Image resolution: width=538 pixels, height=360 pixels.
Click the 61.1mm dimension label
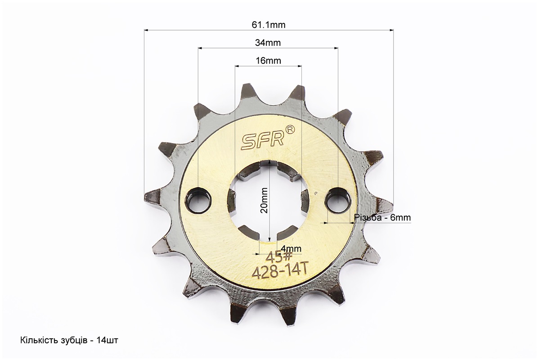pyautogui.click(x=268, y=25)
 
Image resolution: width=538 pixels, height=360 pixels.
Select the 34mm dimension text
pyautogui.click(x=268, y=43)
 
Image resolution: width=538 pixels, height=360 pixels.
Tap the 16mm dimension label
pyautogui.click(x=268, y=60)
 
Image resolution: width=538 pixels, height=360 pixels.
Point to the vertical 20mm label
pyautogui.click(x=264, y=200)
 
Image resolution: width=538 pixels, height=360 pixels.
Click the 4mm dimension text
pyautogui.click(x=291, y=248)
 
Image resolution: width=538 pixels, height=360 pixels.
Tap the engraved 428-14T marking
pyautogui.click(x=279, y=272)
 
